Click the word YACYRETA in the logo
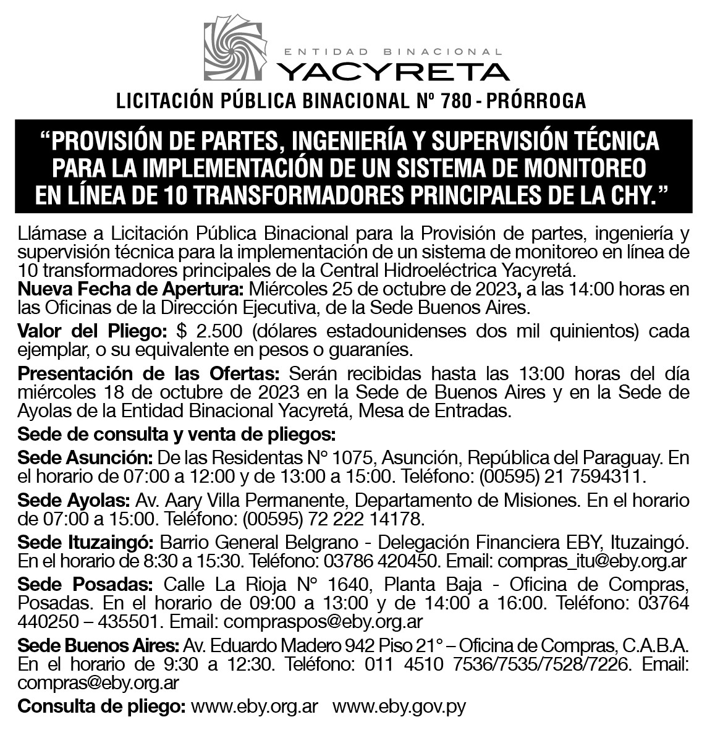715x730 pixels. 393,70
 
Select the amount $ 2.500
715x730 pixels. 205,331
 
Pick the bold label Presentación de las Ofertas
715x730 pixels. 150,374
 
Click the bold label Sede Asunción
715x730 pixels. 85,458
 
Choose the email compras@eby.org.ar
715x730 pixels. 99,682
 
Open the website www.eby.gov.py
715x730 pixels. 399,706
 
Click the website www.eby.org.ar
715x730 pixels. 255,706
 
